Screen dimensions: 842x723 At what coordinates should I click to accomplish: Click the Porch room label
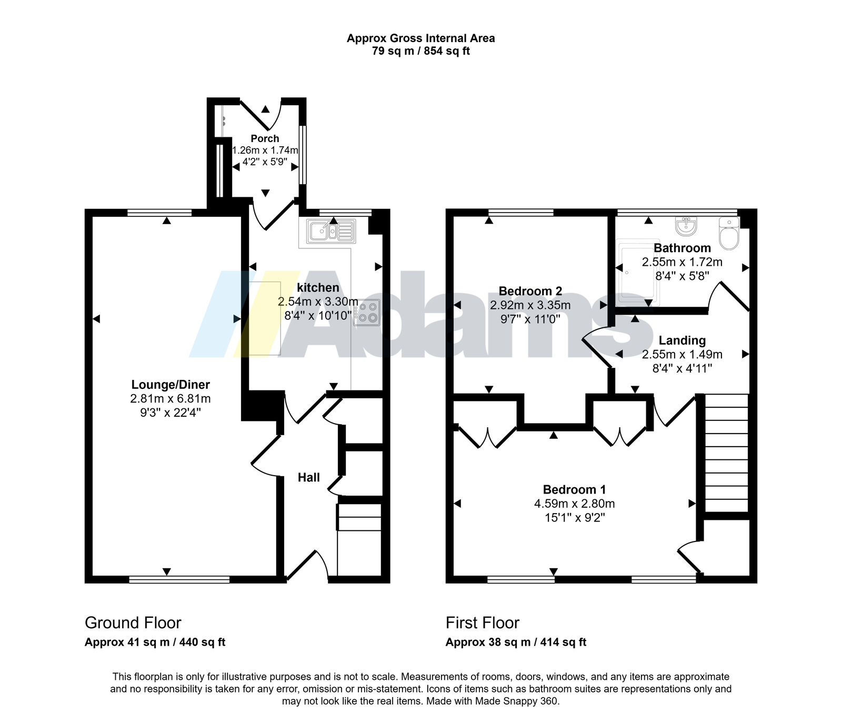tap(265, 138)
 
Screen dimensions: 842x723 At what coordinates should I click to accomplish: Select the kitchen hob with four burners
tap(367, 313)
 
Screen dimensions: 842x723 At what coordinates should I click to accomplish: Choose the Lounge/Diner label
tap(171, 385)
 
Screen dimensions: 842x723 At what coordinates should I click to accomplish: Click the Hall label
tap(309, 477)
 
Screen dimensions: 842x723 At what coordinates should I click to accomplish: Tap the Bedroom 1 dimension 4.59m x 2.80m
tap(575, 504)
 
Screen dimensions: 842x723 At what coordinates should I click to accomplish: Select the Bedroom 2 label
tap(530, 291)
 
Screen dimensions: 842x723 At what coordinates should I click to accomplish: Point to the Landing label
tap(682, 340)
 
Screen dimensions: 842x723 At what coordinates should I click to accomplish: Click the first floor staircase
tap(726, 453)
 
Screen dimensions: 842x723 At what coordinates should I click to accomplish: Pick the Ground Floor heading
tap(133, 623)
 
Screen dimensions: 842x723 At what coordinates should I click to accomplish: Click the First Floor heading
tap(483, 623)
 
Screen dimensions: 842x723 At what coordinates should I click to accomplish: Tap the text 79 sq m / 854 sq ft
tap(421, 51)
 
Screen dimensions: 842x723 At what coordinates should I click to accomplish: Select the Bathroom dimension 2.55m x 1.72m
tap(682, 262)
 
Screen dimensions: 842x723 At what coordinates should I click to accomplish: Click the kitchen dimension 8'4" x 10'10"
tap(318, 316)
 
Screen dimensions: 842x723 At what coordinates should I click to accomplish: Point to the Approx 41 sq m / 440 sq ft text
tap(155, 642)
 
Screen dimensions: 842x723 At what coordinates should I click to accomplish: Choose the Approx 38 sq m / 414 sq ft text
tap(516, 642)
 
